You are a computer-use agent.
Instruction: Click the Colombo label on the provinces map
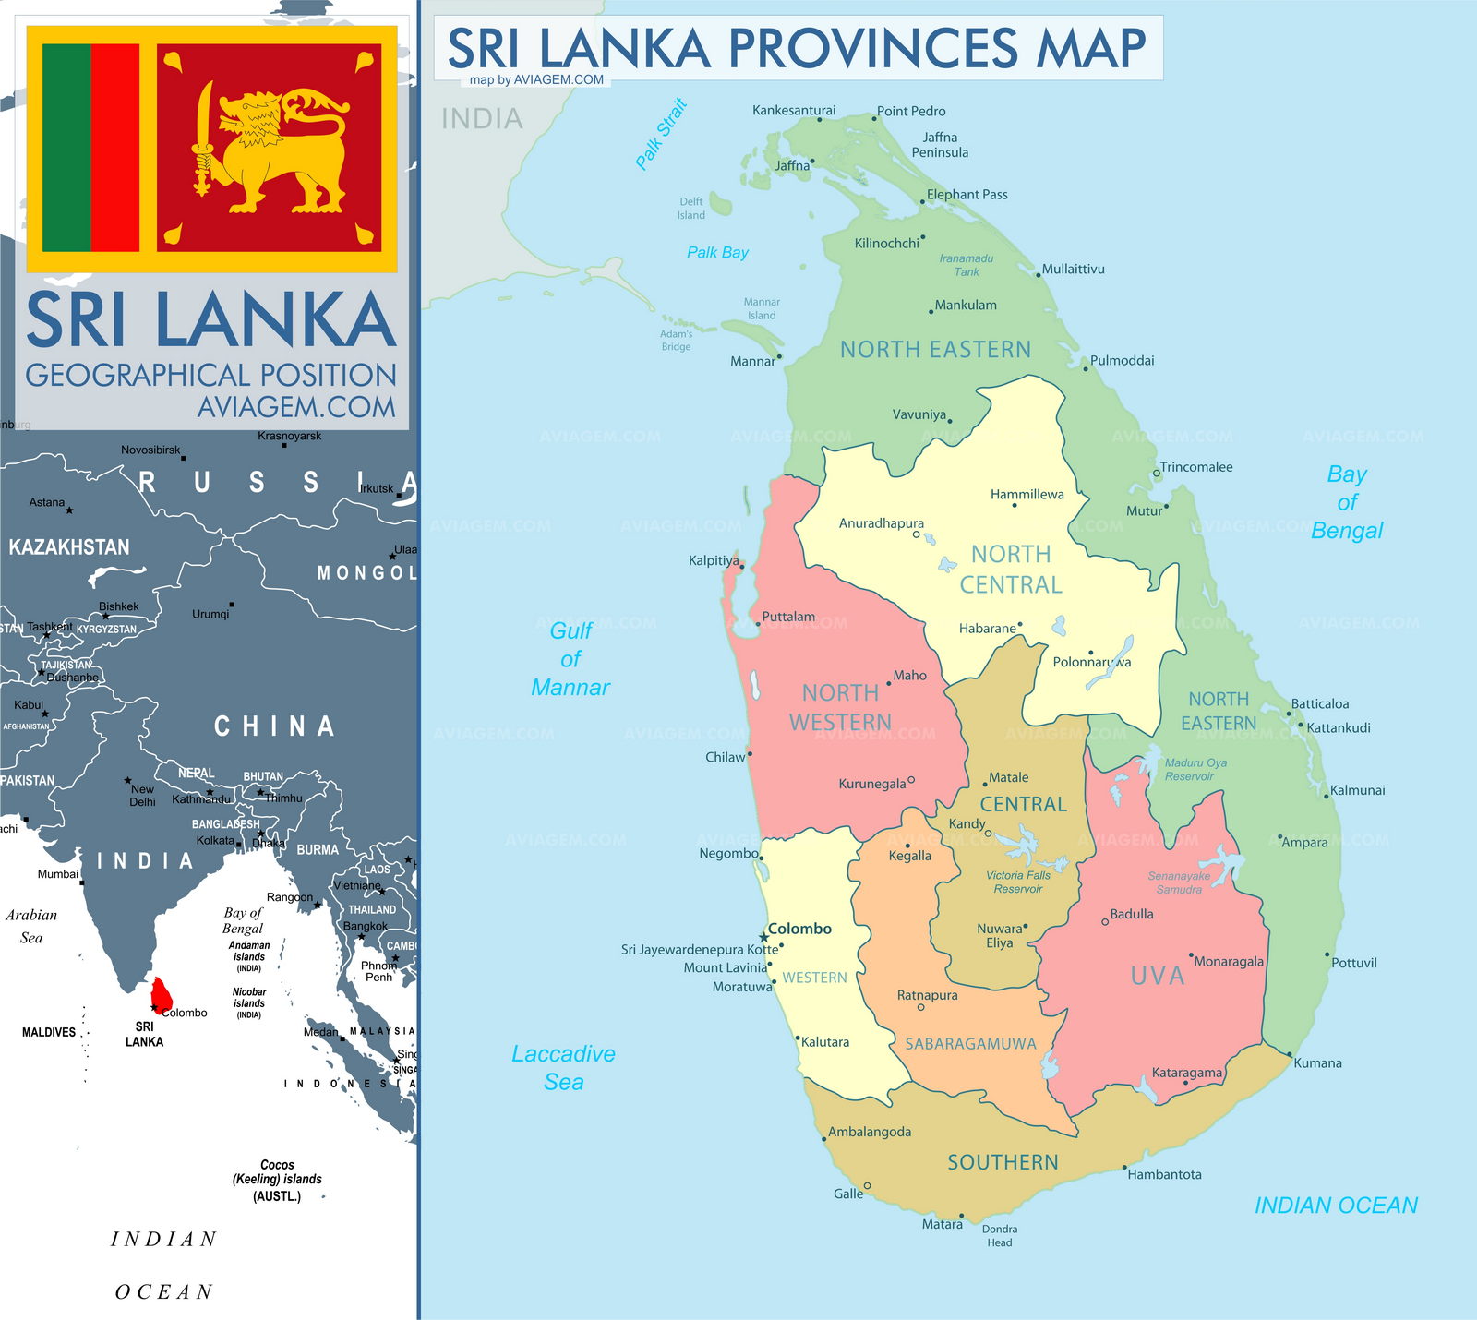tap(799, 929)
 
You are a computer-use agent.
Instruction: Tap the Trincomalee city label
tap(1195, 467)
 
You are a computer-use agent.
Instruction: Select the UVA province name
tap(1157, 976)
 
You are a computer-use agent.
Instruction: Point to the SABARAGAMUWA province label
tap(970, 1044)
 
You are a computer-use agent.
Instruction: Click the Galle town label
tap(848, 1194)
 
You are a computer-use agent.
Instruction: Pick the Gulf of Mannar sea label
tap(570, 659)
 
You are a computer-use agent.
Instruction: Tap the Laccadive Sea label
tap(563, 1068)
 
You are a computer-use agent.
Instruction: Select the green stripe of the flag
tap(66, 148)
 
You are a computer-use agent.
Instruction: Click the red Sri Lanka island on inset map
tap(162, 993)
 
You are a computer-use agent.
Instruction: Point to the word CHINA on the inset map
tap(274, 727)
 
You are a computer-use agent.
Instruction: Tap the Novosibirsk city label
tap(150, 450)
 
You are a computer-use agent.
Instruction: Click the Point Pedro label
tap(911, 111)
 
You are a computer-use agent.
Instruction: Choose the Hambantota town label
tap(1164, 1174)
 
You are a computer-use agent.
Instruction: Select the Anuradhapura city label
tap(881, 523)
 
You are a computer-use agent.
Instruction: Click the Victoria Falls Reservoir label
tap(1017, 882)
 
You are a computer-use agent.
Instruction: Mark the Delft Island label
tap(691, 208)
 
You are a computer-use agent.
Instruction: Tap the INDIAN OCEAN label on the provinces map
tap(1336, 1206)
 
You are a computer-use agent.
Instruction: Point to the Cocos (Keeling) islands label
tap(277, 1180)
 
